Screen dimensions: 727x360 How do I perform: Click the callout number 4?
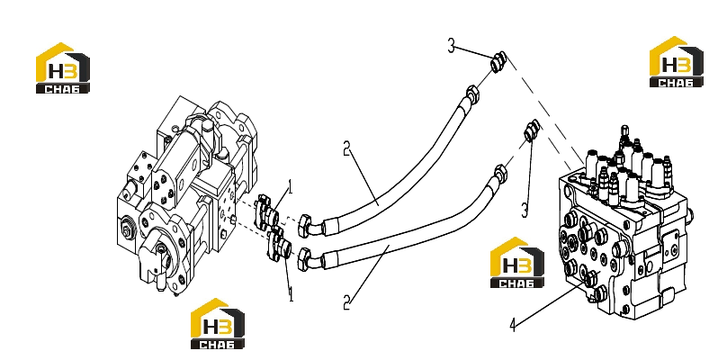(x=512, y=325)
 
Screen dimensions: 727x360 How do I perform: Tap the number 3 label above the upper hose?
(x=451, y=46)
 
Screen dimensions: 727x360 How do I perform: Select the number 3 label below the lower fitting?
(x=525, y=211)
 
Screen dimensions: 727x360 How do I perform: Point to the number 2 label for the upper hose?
(x=346, y=149)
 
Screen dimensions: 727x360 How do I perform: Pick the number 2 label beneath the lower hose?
(x=346, y=302)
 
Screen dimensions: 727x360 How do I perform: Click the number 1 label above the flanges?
(x=291, y=187)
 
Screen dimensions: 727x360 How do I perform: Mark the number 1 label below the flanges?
(x=291, y=294)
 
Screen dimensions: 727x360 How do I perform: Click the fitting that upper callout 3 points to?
(x=498, y=62)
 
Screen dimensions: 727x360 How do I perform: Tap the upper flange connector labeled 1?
(x=266, y=213)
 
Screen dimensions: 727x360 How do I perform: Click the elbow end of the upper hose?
(x=310, y=224)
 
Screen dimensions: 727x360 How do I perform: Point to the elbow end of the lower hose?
(x=310, y=258)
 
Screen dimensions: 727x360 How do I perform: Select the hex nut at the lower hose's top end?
(x=500, y=173)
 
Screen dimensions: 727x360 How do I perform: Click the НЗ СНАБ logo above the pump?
(x=63, y=68)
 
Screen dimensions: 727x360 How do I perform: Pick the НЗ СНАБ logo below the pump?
(x=218, y=323)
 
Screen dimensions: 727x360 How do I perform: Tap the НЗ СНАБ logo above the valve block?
(x=676, y=62)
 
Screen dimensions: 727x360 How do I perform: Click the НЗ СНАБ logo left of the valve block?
(x=517, y=262)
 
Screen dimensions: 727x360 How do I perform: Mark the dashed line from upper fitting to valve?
(x=544, y=110)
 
